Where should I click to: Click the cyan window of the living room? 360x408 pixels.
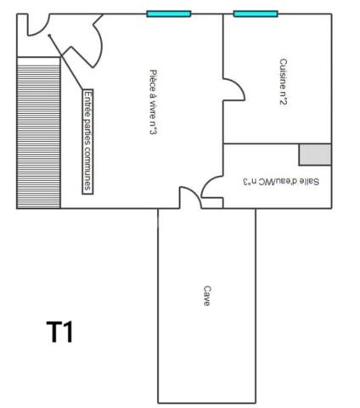tap(168, 14)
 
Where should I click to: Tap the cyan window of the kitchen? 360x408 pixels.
tap(256, 14)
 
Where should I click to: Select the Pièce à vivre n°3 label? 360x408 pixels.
tap(152, 102)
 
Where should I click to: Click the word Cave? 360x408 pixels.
tap(206, 295)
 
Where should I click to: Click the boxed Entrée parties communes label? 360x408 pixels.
tap(87, 141)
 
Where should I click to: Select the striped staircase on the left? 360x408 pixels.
tap(38, 134)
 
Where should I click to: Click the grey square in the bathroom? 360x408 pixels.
tap(315, 154)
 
